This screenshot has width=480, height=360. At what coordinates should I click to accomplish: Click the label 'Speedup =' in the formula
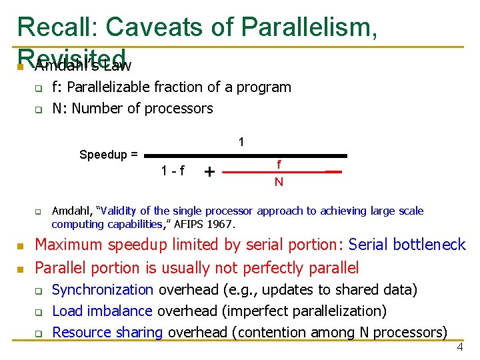(x=109, y=155)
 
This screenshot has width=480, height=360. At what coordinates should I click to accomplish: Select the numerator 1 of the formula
(x=241, y=142)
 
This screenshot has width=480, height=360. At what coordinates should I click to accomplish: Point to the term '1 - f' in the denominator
(x=173, y=171)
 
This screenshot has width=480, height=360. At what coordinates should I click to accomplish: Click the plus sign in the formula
(x=209, y=172)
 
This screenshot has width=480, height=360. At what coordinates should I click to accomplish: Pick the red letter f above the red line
(x=279, y=163)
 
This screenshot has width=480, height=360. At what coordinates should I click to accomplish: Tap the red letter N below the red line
(x=279, y=181)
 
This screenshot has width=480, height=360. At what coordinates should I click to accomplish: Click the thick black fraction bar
(x=246, y=155)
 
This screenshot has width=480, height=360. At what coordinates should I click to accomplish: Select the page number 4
(x=459, y=349)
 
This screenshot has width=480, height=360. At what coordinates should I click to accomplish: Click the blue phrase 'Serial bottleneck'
(x=407, y=245)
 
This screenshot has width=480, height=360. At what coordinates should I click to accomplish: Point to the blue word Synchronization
(x=103, y=289)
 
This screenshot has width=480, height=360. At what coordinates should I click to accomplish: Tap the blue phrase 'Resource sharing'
(x=107, y=332)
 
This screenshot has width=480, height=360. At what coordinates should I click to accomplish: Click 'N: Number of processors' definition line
(x=132, y=108)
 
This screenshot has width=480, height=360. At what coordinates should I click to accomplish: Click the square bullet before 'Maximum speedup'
(x=21, y=246)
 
